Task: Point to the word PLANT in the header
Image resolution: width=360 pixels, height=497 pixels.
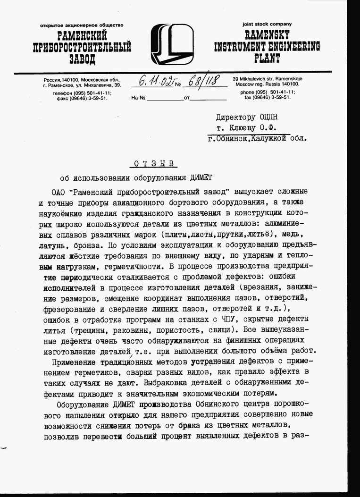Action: click(267, 59)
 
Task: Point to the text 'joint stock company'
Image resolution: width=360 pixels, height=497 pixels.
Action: click(267, 24)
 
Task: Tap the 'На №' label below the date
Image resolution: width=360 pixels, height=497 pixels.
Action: click(137, 98)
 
